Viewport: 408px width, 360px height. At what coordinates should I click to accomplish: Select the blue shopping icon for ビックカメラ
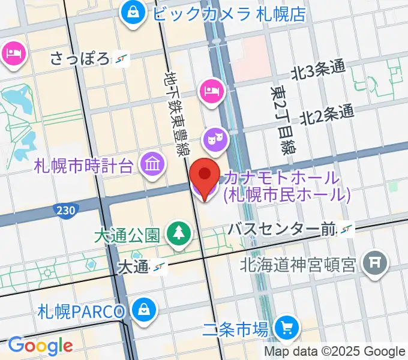130,12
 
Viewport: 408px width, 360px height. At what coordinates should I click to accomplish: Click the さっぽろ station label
81,59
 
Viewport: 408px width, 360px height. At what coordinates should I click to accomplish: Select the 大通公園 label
126,234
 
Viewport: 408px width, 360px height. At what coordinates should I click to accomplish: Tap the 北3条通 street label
318,71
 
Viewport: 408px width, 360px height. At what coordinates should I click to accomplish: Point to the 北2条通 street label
327,113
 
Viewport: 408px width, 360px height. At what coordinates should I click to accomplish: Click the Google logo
40,346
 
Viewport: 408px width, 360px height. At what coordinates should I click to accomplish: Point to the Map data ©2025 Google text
335,352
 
